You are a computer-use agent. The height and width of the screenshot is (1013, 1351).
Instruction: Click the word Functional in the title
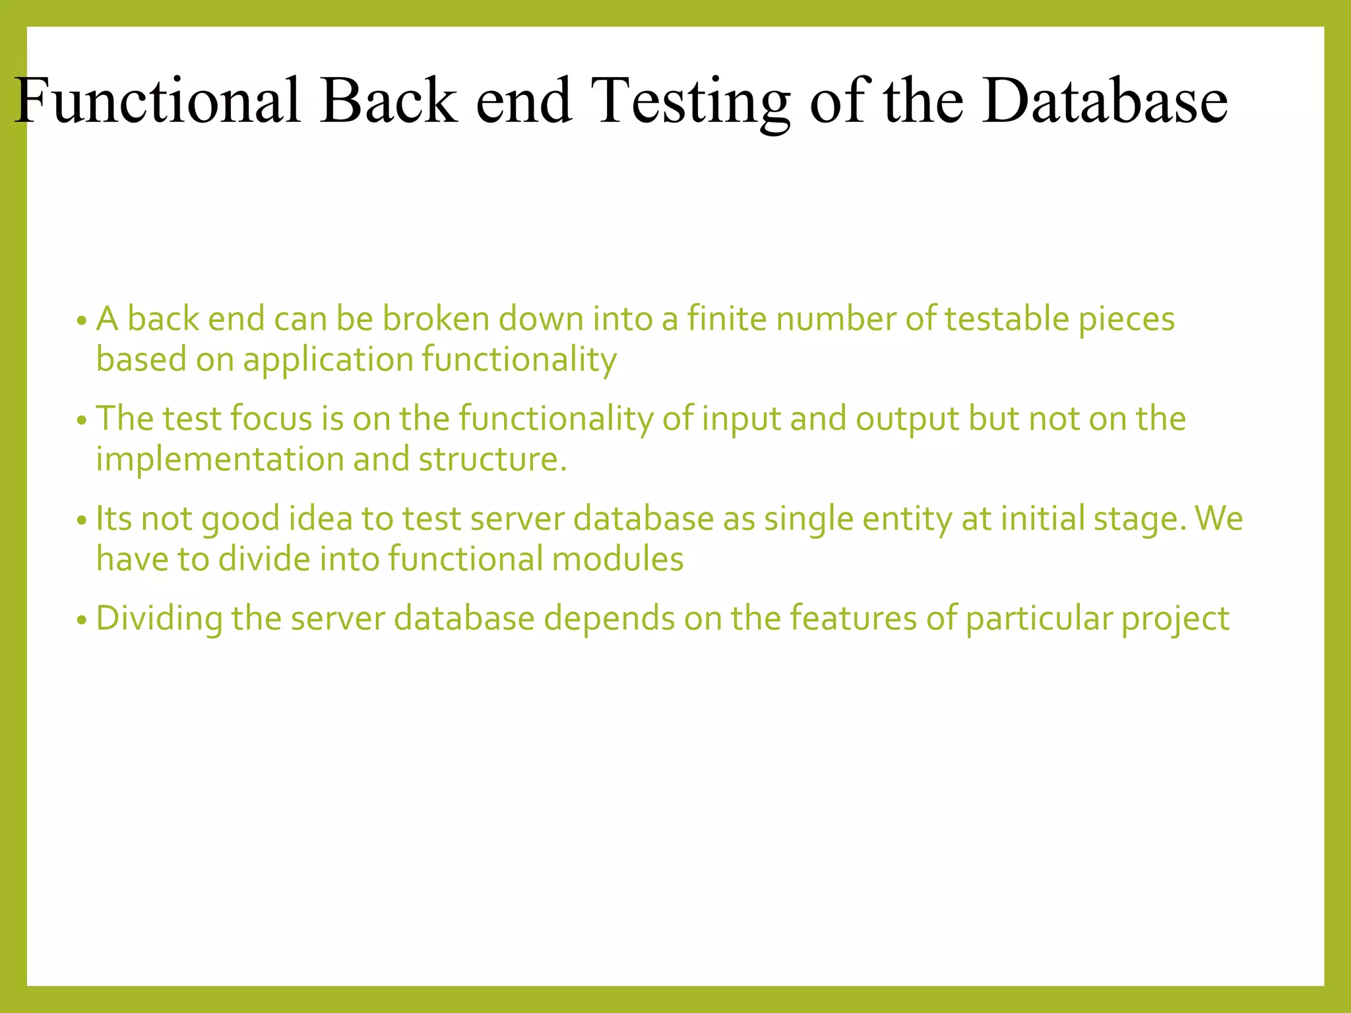click(x=158, y=100)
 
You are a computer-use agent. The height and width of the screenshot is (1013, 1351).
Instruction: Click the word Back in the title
click(x=389, y=100)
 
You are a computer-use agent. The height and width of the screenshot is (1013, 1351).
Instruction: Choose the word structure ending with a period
click(x=492, y=460)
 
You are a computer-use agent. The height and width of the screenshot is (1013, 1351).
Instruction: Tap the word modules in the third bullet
click(x=617, y=559)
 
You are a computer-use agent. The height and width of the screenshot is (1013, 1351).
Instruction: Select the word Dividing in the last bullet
click(x=159, y=619)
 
